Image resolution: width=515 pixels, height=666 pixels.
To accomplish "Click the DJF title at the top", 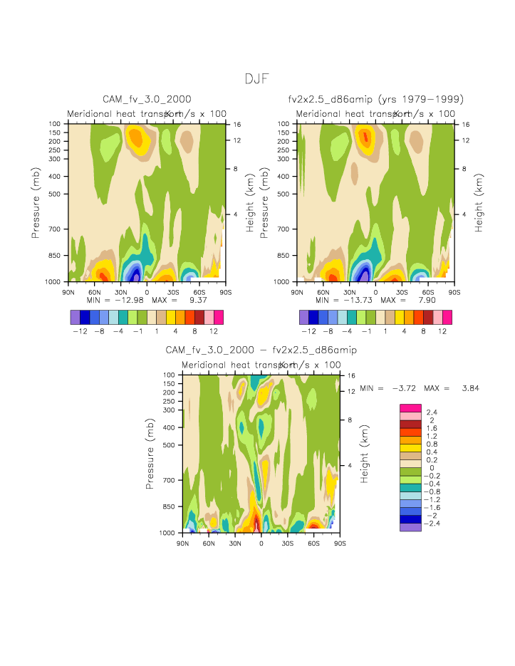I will (256, 78).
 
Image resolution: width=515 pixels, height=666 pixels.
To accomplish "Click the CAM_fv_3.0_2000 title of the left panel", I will (147, 99).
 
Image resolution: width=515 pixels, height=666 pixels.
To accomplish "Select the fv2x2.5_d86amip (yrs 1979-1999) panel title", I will (376, 99).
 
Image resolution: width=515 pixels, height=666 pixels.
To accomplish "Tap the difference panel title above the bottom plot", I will (261, 350).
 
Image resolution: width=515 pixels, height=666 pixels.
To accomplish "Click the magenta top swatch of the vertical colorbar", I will (411, 407).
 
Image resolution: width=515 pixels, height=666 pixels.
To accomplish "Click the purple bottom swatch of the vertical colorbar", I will (411, 528).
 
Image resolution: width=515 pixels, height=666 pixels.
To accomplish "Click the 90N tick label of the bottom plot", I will (182, 543).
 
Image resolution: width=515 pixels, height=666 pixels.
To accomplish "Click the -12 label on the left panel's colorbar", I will (79, 332).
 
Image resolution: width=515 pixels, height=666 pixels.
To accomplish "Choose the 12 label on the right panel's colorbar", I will (442, 332).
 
